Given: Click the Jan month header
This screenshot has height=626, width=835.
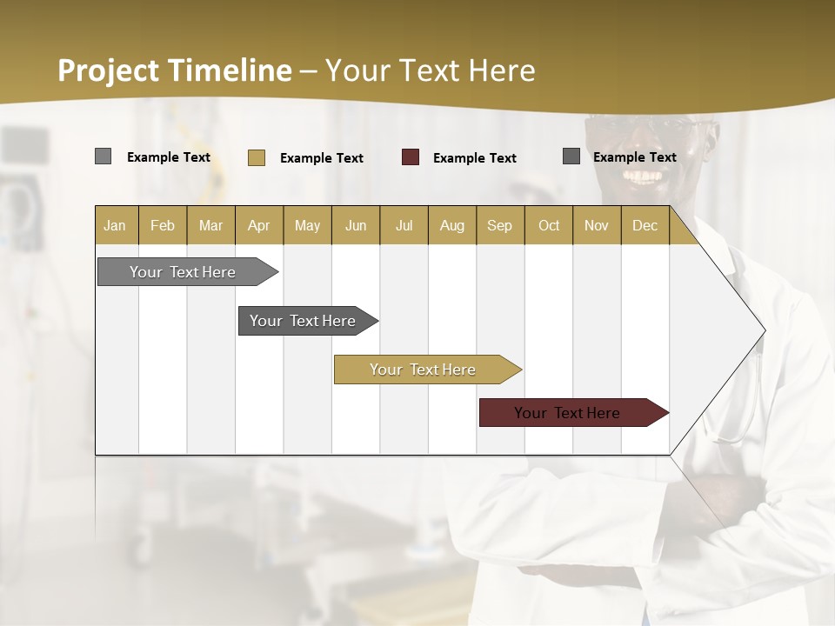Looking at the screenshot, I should [115, 225].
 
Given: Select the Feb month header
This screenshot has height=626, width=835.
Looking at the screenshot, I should [163, 225].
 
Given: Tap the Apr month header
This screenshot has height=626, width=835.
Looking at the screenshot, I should [258, 225].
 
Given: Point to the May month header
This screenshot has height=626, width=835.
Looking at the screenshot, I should [307, 225].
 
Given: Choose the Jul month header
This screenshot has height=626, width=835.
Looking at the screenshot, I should [404, 225].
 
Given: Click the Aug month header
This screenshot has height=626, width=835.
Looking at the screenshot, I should [451, 225].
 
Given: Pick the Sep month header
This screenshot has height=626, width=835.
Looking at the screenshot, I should [499, 225].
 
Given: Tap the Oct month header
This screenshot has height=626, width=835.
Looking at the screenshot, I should [548, 225].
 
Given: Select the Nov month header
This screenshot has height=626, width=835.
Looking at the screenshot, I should [596, 225].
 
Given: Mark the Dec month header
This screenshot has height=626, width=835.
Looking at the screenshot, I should [645, 225].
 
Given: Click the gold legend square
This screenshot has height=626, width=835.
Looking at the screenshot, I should [257, 157].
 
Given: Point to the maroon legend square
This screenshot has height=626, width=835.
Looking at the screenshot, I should [411, 157].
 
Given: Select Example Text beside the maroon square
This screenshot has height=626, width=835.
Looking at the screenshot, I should [475, 158].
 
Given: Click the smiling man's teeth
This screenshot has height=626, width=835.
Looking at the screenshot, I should [643, 176].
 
